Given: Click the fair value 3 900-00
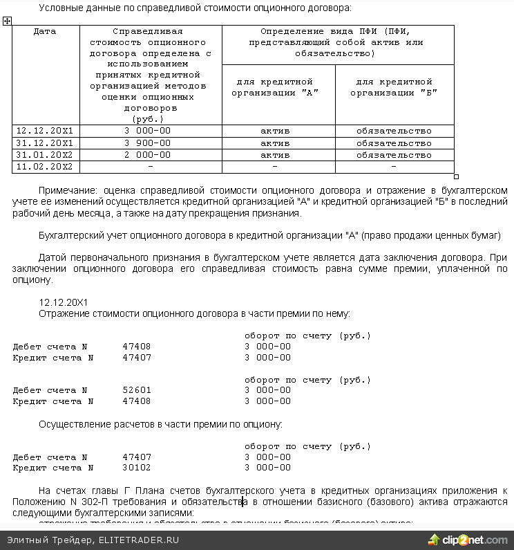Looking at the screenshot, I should [147, 143].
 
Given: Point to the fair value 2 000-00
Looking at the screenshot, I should [147, 155].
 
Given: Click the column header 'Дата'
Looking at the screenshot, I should [45, 32].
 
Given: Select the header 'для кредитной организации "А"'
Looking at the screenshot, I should [278, 87].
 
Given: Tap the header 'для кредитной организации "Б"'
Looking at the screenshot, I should [394, 87].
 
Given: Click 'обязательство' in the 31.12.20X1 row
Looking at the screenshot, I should [394, 143].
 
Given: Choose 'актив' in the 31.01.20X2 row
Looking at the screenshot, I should [275, 155].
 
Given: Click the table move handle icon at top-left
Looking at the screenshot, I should [7, 21].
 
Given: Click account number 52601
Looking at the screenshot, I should [137, 390].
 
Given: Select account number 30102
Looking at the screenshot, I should [137, 468].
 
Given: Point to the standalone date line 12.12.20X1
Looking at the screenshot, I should [64, 302].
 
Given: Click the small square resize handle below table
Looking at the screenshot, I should [456, 176].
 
